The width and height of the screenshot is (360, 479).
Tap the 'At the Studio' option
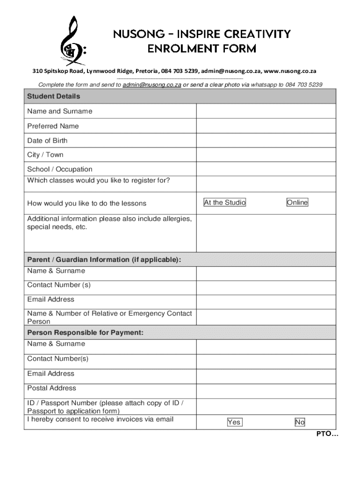224,203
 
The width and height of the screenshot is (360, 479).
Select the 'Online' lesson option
297,203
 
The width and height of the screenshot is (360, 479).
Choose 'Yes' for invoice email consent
234,422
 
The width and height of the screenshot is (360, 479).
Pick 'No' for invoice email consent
300,422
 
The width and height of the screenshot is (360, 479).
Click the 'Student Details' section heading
54,96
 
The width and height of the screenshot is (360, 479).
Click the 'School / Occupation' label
60,169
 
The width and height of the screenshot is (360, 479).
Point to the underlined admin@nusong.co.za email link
151,85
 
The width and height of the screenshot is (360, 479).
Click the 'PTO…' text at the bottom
328,434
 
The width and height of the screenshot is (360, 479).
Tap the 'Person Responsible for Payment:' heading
85,333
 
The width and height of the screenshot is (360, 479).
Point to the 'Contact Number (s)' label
58,285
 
